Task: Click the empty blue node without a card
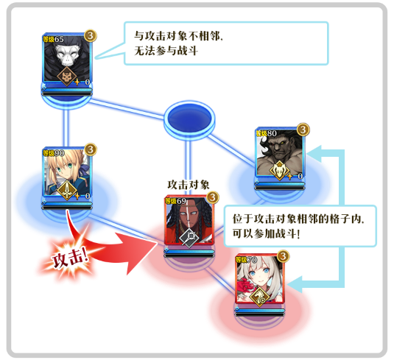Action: click(x=189, y=119)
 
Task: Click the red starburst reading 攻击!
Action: click(x=70, y=258)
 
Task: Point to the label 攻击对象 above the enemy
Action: click(x=189, y=185)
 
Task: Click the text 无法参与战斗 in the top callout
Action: click(x=166, y=51)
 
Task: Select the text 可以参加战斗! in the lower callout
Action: click(x=266, y=233)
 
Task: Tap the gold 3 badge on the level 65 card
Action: click(x=91, y=35)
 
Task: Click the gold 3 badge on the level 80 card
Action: click(x=303, y=130)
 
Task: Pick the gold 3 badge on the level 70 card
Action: click(x=284, y=256)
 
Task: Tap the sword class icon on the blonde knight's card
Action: click(x=67, y=190)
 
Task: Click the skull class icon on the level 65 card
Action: click(x=67, y=77)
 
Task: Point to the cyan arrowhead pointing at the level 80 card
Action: click(x=314, y=153)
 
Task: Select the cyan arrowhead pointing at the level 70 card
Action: click(x=295, y=284)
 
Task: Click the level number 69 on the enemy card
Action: click(x=181, y=201)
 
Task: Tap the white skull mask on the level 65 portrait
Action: click(x=67, y=54)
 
